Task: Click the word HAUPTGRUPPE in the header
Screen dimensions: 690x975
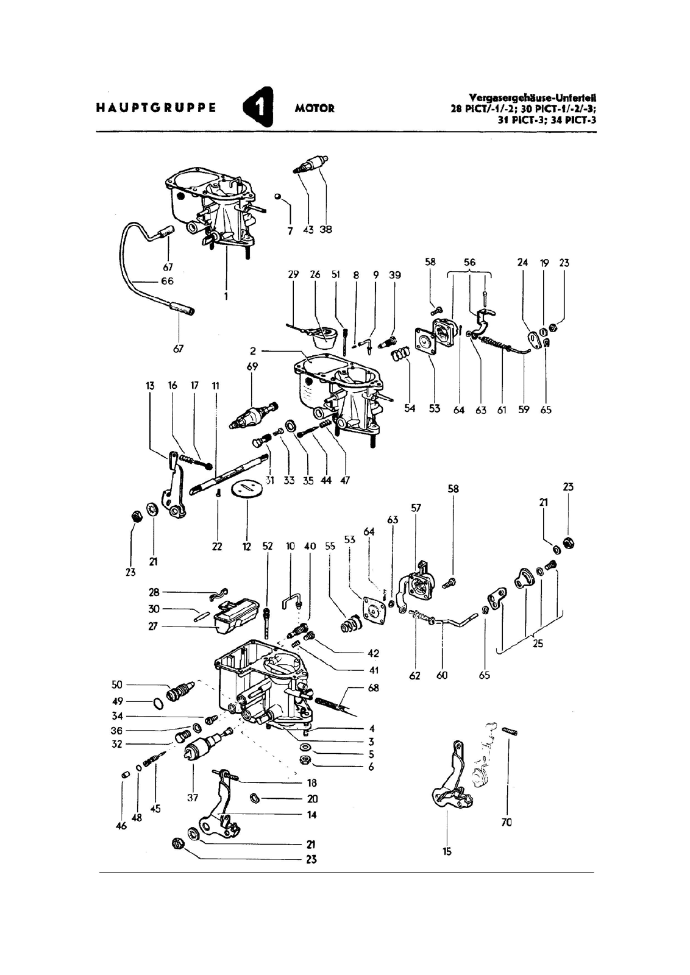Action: click(x=156, y=108)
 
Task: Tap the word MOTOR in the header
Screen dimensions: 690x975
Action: click(x=315, y=108)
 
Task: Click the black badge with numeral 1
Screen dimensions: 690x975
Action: click(x=258, y=107)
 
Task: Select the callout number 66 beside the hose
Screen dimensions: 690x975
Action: click(x=168, y=281)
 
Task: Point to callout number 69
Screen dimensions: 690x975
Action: click(x=252, y=366)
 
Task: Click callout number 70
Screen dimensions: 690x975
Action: click(x=507, y=822)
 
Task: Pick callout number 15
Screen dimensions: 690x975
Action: click(x=447, y=851)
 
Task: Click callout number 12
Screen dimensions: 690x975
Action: click(x=247, y=547)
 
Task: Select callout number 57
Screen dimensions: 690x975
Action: click(x=416, y=508)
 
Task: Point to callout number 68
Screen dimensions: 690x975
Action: click(x=373, y=688)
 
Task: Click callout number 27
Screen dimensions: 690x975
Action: click(x=153, y=627)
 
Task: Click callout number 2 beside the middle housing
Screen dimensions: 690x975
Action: click(x=253, y=351)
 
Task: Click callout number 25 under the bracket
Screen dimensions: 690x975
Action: click(x=538, y=643)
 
